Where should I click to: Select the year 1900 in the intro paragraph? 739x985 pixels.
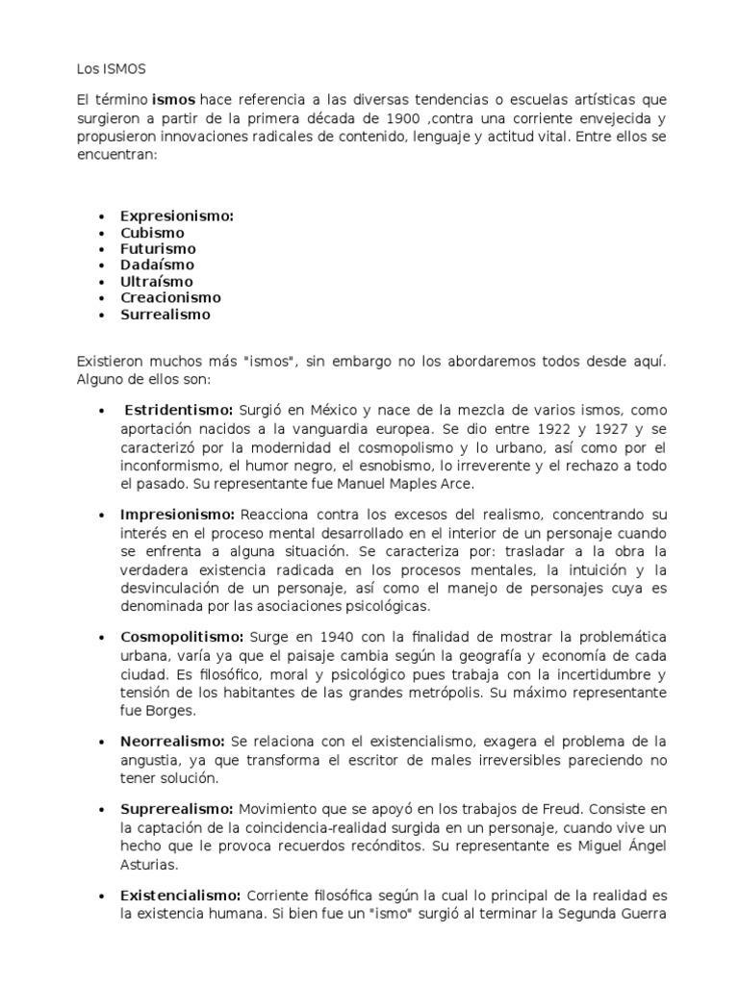pyautogui.click(x=401, y=118)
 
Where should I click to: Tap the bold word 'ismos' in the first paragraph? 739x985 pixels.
pyautogui.click(x=174, y=100)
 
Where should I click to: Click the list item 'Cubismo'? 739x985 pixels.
pyautogui.click(x=152, y=233)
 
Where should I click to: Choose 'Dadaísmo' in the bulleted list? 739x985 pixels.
pyautogui.click(x=157, y=265)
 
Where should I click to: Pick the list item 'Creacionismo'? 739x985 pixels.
pyautogui.click(x=170, y=298)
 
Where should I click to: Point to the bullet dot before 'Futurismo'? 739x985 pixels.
pyautogui.click(x=101, y=249)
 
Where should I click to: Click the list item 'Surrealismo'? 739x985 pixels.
pyautogui.click(x=165, y=315)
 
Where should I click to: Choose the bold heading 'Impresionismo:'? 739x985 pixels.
pyautogui.click(x=178, y=515)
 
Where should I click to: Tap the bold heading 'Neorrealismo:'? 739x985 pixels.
pyautogui.click(x=172, y=742)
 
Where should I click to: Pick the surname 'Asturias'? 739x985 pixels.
pyautogui.click(x=150, y=864)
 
